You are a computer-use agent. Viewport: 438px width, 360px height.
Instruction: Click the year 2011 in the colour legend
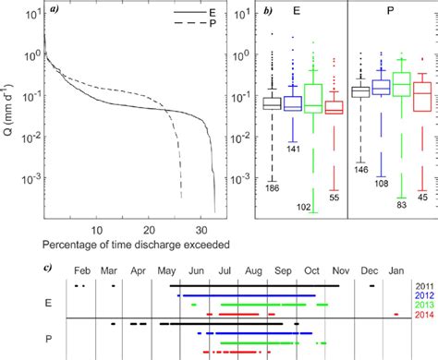(x=422, y=288)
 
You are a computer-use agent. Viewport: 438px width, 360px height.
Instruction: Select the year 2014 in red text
(x=422, y=318)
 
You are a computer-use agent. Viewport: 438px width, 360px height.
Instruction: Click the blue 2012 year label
(x=422, y=297)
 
